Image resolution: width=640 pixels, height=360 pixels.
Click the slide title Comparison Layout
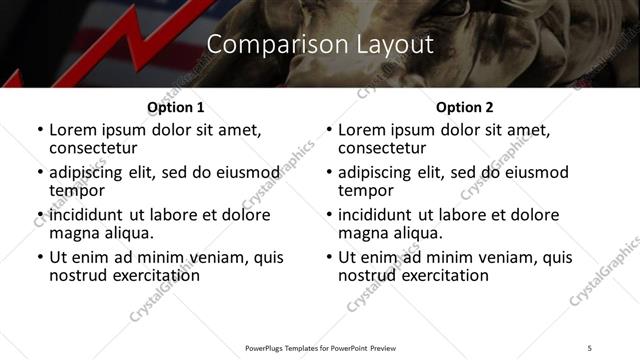320,45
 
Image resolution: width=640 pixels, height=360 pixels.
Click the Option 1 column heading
175,107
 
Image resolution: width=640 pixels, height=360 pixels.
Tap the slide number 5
590,347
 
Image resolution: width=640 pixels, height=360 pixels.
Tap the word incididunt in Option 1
88,215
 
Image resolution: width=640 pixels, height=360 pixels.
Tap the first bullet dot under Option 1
40,131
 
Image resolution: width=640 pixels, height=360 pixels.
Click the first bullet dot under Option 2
329,131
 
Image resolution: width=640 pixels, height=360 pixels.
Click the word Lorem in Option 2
360,130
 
